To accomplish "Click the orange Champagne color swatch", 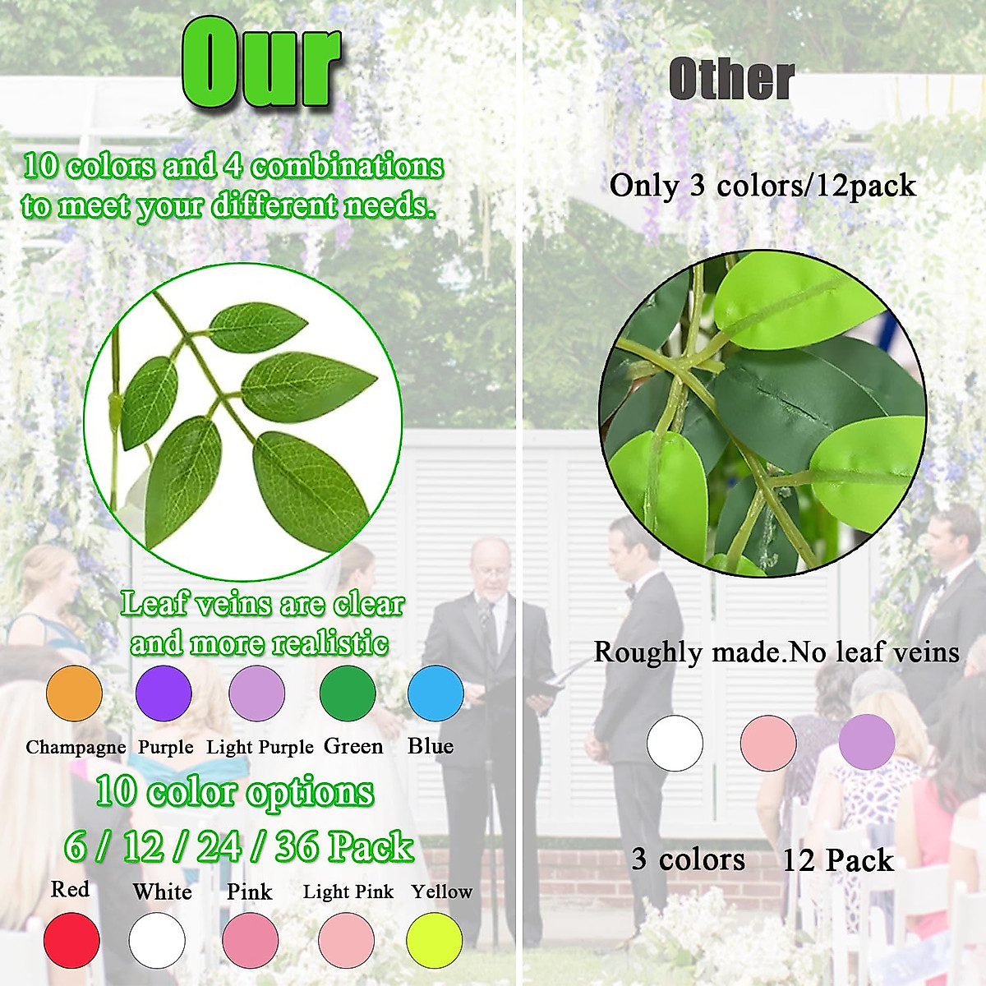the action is pos(74,693).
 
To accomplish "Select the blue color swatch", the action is pos(435,693).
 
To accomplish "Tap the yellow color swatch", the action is pos(435,940).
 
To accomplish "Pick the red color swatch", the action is pos(71,940).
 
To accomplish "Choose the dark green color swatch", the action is pos(348,693).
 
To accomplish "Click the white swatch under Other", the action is pos(675,743).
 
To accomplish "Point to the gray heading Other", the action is pos(732,80).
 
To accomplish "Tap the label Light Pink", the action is pos(348,892).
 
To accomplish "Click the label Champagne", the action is pos(76,748).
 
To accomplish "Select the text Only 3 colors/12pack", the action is pos(763,185).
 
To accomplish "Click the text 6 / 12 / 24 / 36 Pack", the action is pos(239,846).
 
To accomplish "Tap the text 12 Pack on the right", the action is pos(839,860).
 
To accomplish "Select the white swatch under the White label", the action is pos(157,940).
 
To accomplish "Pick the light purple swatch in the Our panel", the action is pos(256,693).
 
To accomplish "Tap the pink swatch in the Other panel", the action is pos(768,743).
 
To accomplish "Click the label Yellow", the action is pos(442,892).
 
